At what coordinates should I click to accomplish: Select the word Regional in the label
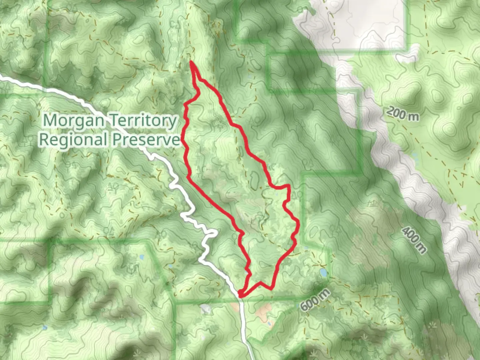[73, 139]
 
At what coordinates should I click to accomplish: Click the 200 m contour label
[403, 114]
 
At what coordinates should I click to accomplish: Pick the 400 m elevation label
[414, 240]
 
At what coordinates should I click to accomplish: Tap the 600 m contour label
[315, 300]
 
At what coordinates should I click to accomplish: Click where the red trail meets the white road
[240, 294]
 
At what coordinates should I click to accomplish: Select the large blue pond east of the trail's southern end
[323, 273]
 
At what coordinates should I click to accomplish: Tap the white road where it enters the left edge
[2, 77]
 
